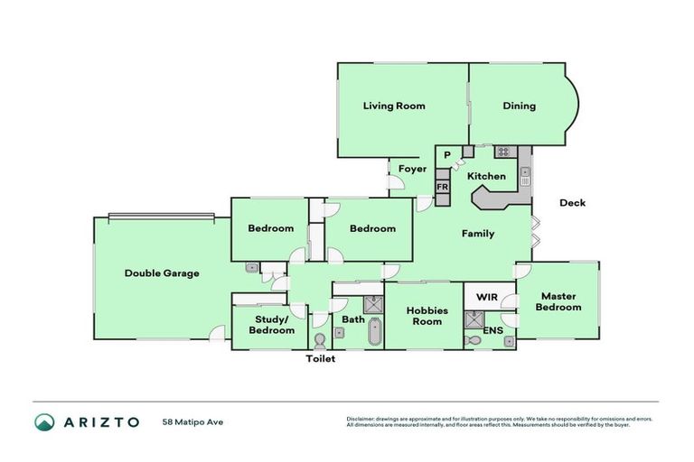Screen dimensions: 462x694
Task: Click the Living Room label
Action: pos(394,106)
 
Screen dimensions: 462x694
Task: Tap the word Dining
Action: pos(519,106)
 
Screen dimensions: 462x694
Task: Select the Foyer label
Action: pos(412,169)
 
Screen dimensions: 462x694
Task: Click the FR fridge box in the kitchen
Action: pos(443,187)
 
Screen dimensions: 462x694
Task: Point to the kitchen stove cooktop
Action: pos(502,152)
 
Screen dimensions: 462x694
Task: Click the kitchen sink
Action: pos(525,176)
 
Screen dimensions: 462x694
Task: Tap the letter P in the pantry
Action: pos(446,155)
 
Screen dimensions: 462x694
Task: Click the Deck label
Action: pos(572,203)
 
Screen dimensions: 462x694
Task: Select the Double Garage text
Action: pos(162,273)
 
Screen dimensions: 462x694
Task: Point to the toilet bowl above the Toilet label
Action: pos(319,340)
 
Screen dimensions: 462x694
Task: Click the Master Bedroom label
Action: pos(558,301)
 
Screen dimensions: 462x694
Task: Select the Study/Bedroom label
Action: pos(272,325)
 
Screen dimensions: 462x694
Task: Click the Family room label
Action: pos(478,234)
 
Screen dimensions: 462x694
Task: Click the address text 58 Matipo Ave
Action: pos(192,421)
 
